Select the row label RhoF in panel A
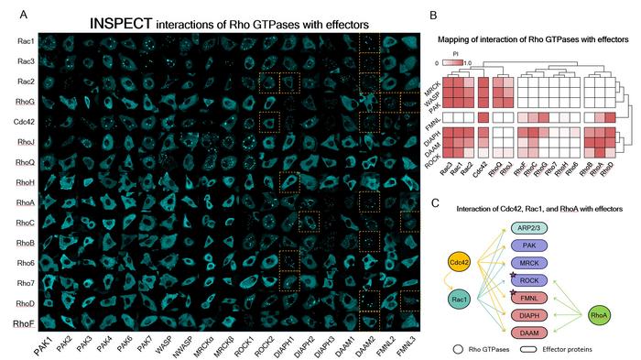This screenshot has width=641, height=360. (x=24, y=322)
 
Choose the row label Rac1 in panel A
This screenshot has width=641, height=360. (x=26, y=41)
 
